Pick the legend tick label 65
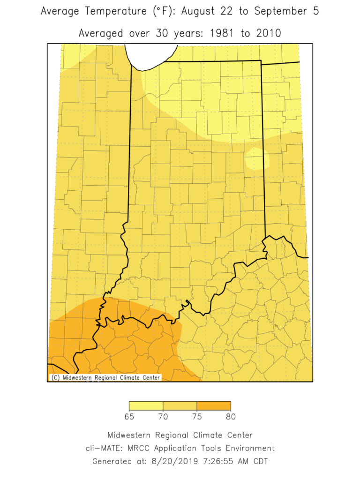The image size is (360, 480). tap(129, 416)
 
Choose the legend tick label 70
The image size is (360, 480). tap(163, 416)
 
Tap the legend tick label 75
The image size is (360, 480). tap(197, 416)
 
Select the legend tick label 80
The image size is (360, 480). tap(231, 416)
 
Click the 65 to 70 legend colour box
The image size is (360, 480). tap(146, 406)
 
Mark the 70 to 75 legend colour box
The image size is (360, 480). tap(180, 406)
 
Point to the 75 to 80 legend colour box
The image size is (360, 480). tap(214, 406)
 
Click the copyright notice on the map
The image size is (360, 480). tap(105, 377)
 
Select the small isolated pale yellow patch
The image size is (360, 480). tap(256, 159)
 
